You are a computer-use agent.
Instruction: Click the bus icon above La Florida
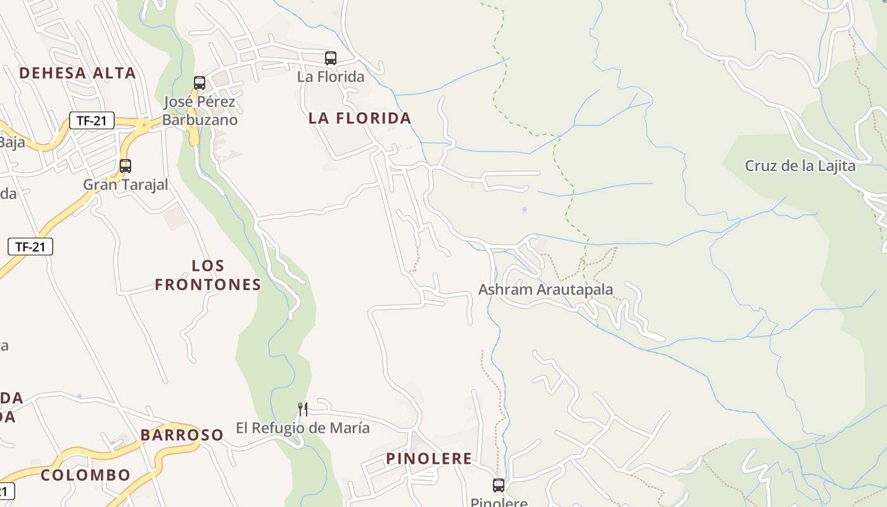[x=330, y=58]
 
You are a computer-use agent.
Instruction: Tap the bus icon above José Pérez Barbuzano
[x=200, y=83]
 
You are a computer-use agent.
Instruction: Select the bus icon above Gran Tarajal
[x=125, y=166]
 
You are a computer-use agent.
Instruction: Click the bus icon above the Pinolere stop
[x=499, y=485]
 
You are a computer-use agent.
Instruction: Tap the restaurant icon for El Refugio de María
[x=303, y=409]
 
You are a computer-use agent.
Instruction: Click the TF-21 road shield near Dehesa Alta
[x=92, y=120]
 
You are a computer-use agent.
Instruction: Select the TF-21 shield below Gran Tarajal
[x=30, y=247]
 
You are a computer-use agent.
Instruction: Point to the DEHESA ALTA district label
[x=77, y=73]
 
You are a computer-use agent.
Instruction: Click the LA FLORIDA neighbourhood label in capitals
[x=360, y=118]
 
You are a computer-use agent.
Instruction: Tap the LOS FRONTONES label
[x=208, y=275]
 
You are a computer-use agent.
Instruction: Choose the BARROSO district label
[x=182, y=435]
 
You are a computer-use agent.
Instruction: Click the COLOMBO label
[x=86, y=475]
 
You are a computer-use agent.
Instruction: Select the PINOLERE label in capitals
[x=429, y=459]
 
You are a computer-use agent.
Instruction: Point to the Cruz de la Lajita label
[x=800, y=166]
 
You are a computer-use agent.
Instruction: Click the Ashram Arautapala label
[x=546, y=290]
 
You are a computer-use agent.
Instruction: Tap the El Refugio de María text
[x=303, y=428]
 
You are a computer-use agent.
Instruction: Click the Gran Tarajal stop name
[x=125, y=184]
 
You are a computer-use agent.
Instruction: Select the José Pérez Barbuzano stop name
[x=200, y=111]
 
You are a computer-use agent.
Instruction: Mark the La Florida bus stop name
[x=331, y=77]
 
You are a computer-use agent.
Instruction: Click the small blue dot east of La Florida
[x=524, y=209]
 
